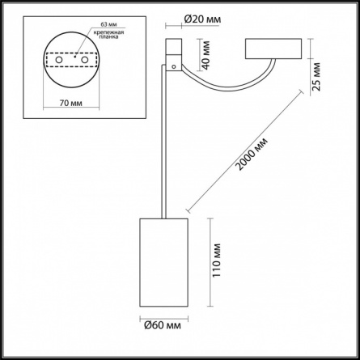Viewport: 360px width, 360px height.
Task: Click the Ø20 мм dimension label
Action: (202, 19)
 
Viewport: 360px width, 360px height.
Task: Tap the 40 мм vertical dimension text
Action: (206, 55)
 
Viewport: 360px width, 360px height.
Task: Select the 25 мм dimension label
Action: (317, 77)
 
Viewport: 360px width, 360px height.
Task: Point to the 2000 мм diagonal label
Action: (252, 155)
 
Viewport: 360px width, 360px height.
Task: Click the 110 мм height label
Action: (216, 260)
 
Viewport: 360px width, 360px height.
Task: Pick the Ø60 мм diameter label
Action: (163, 325)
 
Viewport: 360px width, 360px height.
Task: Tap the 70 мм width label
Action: (71, 103)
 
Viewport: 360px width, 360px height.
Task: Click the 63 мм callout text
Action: (108, 24)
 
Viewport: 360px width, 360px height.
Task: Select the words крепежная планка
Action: (108, 35)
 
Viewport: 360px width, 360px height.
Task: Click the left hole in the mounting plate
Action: (59, 60)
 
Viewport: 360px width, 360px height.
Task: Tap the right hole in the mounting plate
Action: (85, 60)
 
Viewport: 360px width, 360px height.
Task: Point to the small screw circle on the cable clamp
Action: (174, 66)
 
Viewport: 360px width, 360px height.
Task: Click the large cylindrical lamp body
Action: (163, 262)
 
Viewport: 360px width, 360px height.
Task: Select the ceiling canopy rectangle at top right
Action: (273, 49)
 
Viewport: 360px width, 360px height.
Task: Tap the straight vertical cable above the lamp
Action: (163, 142)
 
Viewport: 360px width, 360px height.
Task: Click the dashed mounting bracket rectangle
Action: (71, 60)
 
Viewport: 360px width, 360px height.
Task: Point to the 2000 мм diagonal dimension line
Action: (245, 150)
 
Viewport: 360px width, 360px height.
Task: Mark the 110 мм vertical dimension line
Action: (210, 262)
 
